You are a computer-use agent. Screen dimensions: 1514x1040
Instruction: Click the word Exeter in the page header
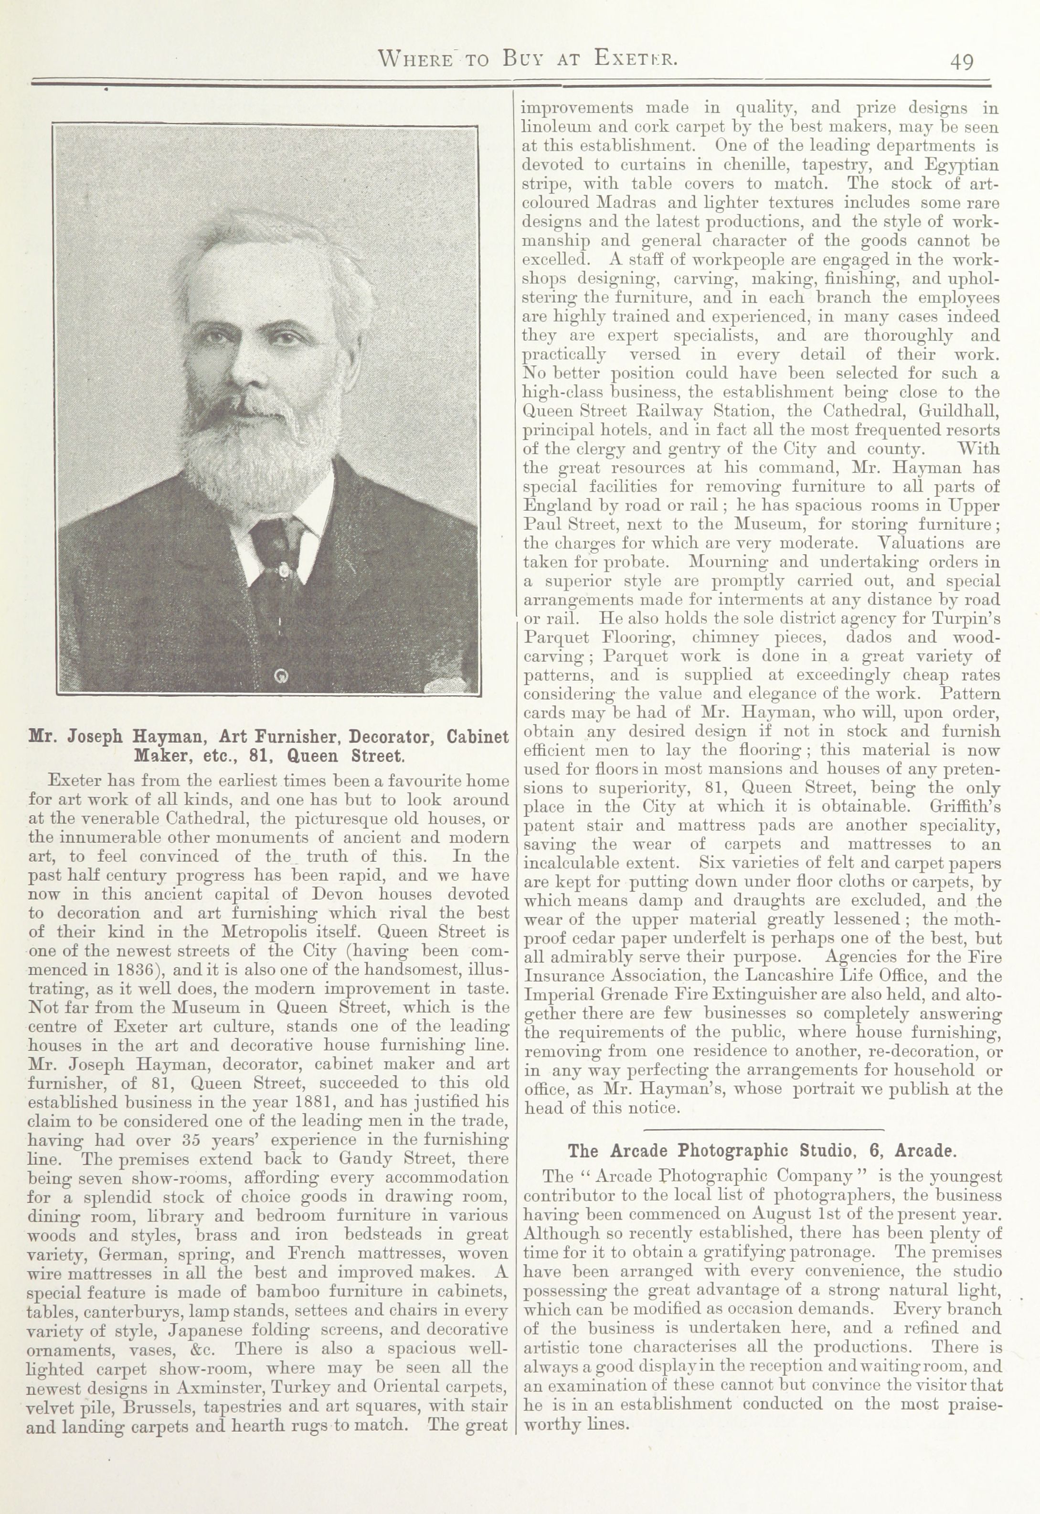[x=636, y=59]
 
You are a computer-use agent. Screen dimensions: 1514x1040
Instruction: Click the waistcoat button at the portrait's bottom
[x=282, y=676]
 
